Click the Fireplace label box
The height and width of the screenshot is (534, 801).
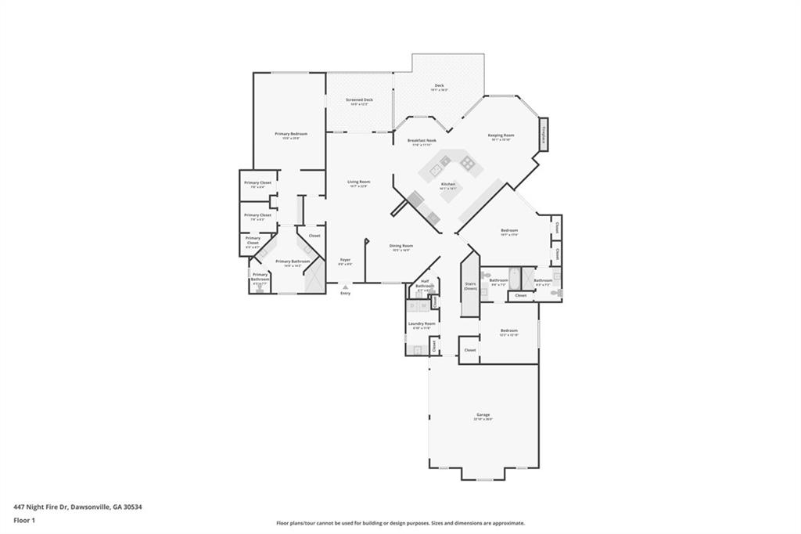pyautogui.click(x=544, y=134)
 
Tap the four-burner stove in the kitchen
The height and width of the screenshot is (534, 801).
pyautogui.click(x=467, y=163)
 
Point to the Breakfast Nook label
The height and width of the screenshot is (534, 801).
pyautogui.click(x=422, y=142)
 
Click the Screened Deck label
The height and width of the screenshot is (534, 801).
pyautogui.click(x=359, y=101)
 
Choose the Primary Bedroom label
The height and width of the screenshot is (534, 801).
pyautogui.click(x=291, y=135)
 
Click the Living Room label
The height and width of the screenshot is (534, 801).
pyautogui.click(x=359, y=183)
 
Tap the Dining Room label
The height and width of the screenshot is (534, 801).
pyautogui.click(x=401, y=247)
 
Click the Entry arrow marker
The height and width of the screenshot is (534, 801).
pyautogui.click(x=345, y=287)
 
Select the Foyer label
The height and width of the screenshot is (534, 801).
pyautogui.click(x=345, y=261)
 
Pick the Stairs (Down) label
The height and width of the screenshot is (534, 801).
pyautogui.click(x=470, y=287)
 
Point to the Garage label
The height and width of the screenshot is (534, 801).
pyautogui.click(x=483, y=416)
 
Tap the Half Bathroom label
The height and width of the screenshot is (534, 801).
pyautogui.click(x=425, y=284)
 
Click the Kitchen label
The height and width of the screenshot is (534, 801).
pyautogui.click(x=447, y=186)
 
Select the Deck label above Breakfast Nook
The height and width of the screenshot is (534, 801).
pyautogui.click(x=439, y=86)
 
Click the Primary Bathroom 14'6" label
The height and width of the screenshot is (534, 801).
pyautogui.click(x=293, y=262)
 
